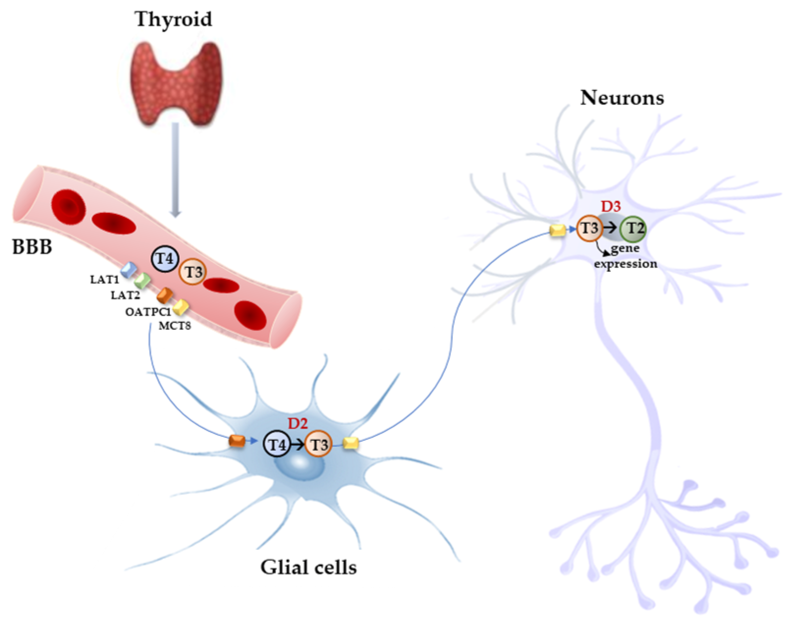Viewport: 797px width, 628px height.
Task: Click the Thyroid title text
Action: [x=173, y=19]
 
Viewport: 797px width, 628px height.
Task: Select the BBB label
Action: [x=32, y=246]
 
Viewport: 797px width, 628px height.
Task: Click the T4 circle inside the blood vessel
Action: [x=165, y=259]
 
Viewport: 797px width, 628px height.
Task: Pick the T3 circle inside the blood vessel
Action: [x=193, y=272]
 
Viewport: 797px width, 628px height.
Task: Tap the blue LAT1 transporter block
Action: [x=129, y=270]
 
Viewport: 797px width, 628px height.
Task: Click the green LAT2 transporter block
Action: [x=143, y=281]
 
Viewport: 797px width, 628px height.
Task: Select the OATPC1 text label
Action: [x=148, y=312]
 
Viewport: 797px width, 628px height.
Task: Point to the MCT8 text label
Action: [x=175, y=325]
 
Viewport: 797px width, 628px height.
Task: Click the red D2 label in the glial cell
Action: [x=297, y=423]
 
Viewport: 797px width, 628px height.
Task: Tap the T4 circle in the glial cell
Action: [x=277, y=445]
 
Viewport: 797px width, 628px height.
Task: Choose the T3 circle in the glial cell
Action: [x=319, y=445]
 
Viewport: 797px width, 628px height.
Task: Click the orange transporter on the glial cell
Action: [x=237, y=441]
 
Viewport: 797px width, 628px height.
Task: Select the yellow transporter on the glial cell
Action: [x=350, y=443]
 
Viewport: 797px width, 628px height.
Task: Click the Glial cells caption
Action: [x=308, y=567]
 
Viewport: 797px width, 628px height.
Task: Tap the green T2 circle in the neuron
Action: [x=634, y=228]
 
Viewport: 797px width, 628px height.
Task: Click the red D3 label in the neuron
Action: [x=611, y=207]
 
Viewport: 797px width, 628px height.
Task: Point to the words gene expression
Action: [x=625, y=256]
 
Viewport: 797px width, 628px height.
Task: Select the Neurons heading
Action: [x=622, y=98]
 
